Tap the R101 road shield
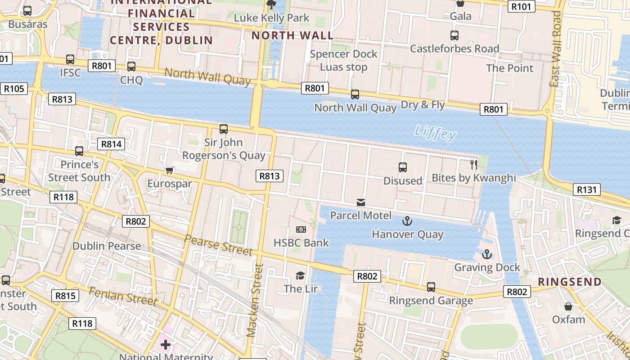coord(522,6)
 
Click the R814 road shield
coord(111,144)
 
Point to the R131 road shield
coord(587,189)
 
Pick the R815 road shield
coord(65,296)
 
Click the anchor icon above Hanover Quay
coord(407,221)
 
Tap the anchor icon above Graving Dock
coord(486,255)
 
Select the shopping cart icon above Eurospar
coord(170,170)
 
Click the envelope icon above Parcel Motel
coord(360,202)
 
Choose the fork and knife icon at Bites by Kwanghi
coord(474,164)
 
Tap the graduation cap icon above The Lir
coord(300,275)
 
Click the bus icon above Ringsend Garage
coord(431,287)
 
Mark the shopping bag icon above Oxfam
coord(568,306)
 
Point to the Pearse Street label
coord(219,245)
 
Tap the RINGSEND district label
coord(570,282)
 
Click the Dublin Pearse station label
coord(107,246)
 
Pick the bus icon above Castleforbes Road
coord(454,35)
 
